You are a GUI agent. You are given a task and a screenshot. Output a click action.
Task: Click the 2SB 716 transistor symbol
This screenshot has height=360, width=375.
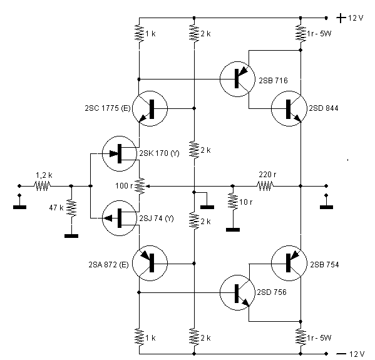(x=237, y=79)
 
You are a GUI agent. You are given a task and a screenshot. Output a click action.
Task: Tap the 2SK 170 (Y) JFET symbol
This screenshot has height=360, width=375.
(x=120, y=153)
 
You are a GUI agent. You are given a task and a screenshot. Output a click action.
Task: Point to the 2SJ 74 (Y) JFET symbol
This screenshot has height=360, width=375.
(x=120, y=218)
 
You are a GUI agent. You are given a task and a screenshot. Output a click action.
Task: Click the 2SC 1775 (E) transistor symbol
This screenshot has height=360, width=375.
(x=150, y=108)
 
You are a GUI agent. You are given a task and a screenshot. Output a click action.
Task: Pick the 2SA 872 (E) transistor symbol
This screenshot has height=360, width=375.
(x=150, y=263)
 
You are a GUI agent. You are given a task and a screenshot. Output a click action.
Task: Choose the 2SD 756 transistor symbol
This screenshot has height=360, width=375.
(x=237, y=293)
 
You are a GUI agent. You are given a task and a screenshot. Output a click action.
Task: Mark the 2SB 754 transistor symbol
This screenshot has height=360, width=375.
(x=289, y=263)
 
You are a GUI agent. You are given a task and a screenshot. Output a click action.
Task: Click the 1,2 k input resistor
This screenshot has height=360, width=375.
(x=43, y=186)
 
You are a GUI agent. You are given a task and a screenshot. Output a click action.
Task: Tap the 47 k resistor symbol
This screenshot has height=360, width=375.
(x=71, y=208)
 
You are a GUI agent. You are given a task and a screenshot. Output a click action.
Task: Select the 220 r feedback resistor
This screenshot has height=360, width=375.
(x=265, y=186)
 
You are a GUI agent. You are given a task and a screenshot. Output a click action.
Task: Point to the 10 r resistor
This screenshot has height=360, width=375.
(x=233, y=202)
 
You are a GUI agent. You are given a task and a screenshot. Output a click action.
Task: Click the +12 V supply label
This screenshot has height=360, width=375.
(x=350, y=18)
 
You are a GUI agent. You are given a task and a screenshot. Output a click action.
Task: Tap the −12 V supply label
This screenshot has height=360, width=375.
(x=351, y=354)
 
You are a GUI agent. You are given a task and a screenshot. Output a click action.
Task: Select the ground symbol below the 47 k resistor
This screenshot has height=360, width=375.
(x=71, y=236)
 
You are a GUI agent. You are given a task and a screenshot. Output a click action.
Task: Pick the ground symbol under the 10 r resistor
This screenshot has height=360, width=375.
(x=233, y=230)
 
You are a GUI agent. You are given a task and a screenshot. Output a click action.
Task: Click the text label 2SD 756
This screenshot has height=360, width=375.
(x=272, y=292)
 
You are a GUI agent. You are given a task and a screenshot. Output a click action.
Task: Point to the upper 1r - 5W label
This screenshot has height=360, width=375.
(x=319, y=33)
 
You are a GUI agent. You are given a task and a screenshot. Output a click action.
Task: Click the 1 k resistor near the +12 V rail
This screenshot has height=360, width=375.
(x=139, y=33)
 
